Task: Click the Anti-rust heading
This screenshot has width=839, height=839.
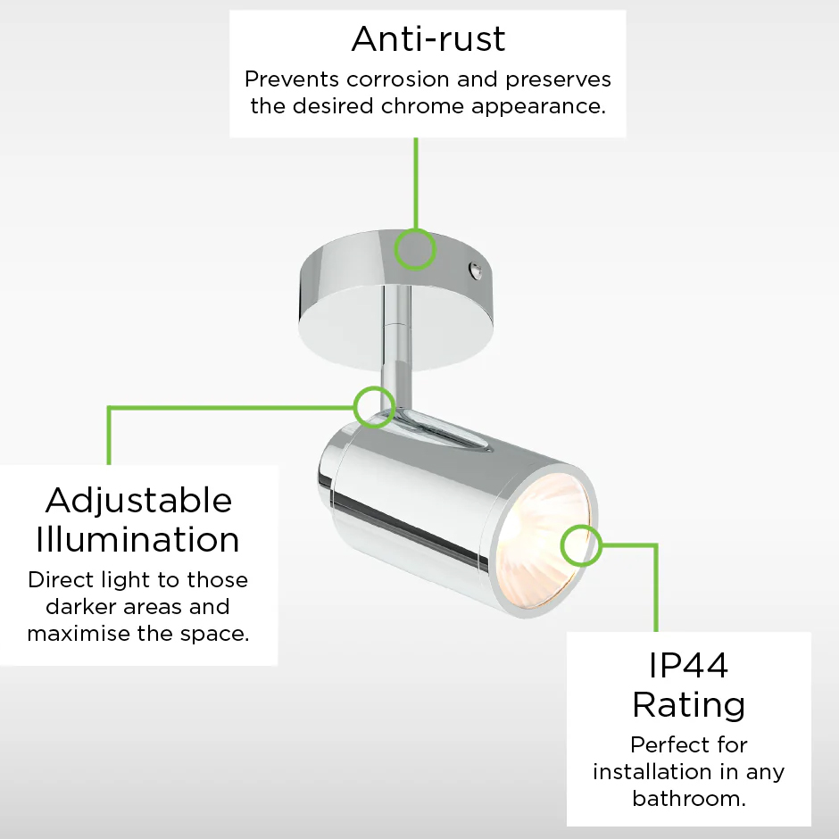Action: pos(428,39)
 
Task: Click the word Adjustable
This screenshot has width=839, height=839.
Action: pos(139,502)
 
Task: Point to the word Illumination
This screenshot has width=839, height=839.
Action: pos(137,539)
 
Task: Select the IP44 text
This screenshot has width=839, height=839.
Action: pos(688,666)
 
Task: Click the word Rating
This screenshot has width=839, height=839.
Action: pos(689,705)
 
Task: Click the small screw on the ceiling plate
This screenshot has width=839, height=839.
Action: pos(474,270)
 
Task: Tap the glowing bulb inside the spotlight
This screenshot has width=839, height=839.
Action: pos(545,540)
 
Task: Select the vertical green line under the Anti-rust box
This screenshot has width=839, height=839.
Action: pos(416,184)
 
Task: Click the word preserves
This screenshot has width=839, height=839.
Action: pos(558,79)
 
